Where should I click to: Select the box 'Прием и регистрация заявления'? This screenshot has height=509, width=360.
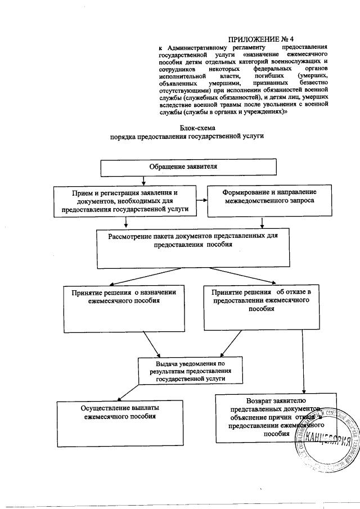coord(124,201)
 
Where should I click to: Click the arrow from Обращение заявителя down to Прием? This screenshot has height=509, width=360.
coord(145,181)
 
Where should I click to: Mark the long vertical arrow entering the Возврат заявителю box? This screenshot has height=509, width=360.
coord(304,360)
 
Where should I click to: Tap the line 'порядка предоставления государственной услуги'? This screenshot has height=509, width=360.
coord(187,137)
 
